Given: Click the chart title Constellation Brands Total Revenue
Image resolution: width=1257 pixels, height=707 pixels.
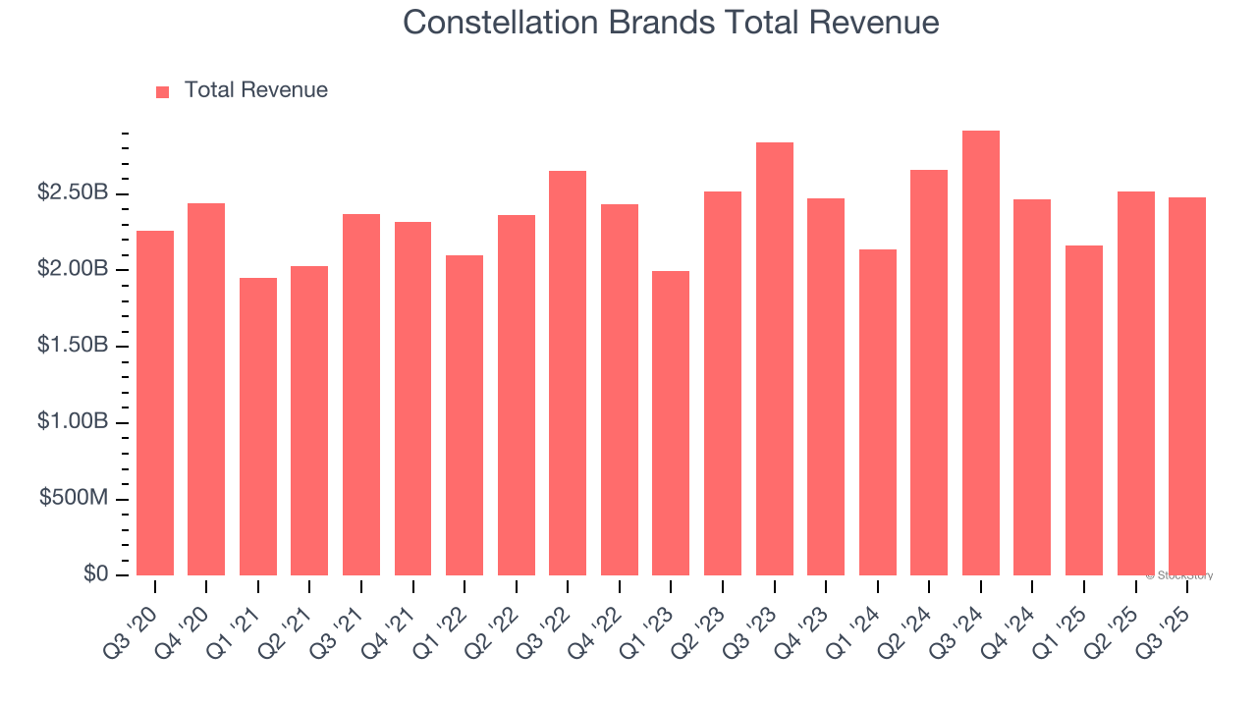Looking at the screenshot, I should [x=671, y=23].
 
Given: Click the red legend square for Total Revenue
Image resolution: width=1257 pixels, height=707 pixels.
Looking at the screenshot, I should [x=163, y=91].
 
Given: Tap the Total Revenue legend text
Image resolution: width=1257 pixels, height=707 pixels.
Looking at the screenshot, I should [x=255, y=90].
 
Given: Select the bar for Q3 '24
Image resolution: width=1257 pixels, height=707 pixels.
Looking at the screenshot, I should [x=980, y=353].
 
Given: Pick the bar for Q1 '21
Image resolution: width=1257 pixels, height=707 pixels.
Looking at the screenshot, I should [x=257, y=427].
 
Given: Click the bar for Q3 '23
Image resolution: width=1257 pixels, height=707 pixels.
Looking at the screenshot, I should [x=774, y=359].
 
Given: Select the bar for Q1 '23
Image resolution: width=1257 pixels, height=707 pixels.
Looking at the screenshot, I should [x=671, y=423].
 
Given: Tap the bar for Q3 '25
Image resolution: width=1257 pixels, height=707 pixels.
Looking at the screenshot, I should [x=1186, y=387].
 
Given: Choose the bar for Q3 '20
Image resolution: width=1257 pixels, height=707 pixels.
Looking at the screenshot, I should [x=154, y=404].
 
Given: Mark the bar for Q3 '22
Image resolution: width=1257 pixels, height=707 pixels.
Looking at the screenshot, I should [x=568, y=373].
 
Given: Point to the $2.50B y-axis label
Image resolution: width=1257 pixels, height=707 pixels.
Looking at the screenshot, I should [x=73, y=193].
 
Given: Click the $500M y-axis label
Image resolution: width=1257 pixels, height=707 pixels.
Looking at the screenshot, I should [x=75, y=499].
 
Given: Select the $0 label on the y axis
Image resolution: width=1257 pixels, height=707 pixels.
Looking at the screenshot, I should [x=94, y=574].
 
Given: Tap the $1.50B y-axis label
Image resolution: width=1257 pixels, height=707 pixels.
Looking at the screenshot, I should [x=73, y=347].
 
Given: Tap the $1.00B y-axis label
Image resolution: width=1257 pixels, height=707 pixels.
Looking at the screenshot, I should [x=73, y=422].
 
